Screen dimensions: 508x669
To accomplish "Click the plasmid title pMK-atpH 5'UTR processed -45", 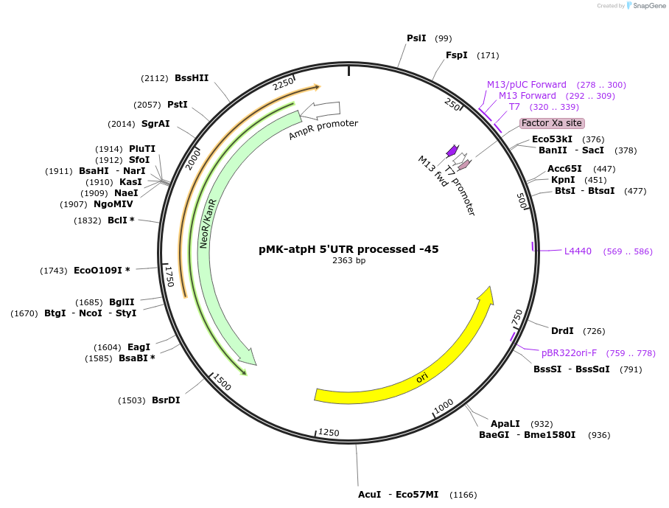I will pos(348,249).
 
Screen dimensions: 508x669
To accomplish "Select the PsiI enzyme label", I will pos(416,38).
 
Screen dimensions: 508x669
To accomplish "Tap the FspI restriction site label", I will pos(456,55).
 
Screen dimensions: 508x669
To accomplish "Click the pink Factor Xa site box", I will pos(552,123).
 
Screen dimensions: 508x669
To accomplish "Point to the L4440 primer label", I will pos(578,251).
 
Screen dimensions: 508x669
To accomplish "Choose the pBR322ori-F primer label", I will pos(569,352).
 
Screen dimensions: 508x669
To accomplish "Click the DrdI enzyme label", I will pos(562,331).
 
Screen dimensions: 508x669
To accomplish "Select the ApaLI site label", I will pos(505,424).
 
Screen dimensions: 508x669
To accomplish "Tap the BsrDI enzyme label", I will pos(166,400).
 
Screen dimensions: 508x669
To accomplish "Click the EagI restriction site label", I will pos(139,347).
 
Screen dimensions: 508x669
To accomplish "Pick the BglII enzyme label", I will pos(122,302).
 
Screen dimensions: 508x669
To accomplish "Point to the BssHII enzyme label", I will pos(192,78).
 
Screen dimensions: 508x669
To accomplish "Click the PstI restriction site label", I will pos(178,105).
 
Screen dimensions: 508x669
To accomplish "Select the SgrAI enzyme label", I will pos(155,124).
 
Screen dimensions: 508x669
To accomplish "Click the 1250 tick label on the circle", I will pos(329,433).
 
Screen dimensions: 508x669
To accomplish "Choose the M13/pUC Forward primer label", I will pos(527,85).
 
